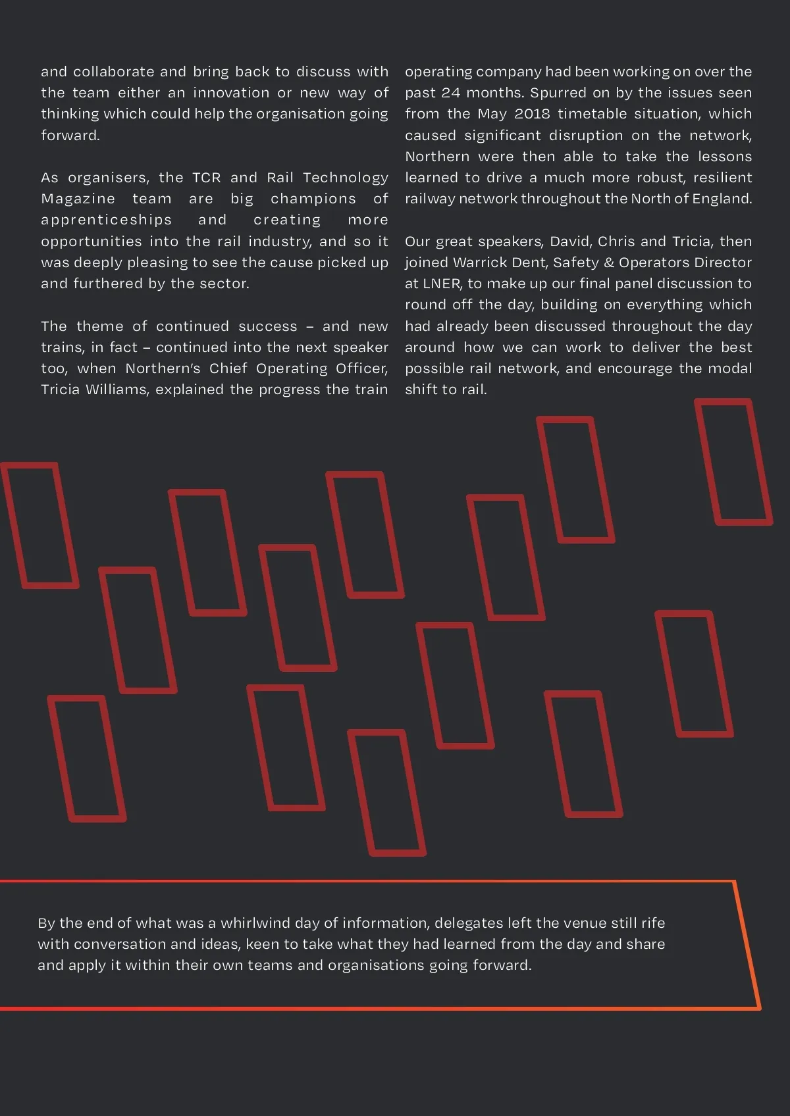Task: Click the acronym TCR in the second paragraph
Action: [x=206, y=178]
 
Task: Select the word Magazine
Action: [x=78, y=199]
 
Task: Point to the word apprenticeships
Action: [x=106, y=220]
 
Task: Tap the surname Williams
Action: [x=120, y=390]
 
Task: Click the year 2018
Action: [x=532, y=114]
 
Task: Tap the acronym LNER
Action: [x=441, y=284]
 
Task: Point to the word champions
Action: [x=313, y=199]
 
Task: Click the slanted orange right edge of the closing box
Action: [x=748, y=945]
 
